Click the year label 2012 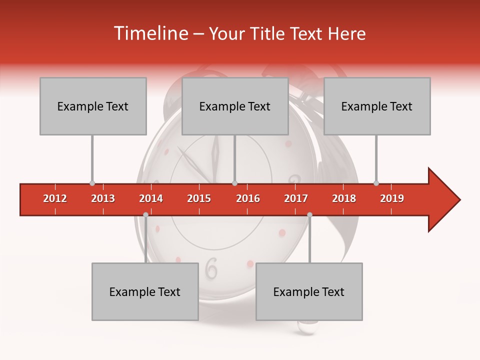coord(55,198)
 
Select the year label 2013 coord(103,198)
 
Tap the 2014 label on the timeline coord(151,198)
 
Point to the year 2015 coord(199,198)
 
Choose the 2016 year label coord(248,198)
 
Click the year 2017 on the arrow coord(296,198)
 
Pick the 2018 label coord(344,198)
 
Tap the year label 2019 coord(392,198)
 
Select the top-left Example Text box coord(93,106)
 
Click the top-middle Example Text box coord(235,106)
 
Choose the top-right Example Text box coord(377,106)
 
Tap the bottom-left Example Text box coord(145,291)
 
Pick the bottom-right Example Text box coord(309,291)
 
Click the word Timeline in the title coord(150,33)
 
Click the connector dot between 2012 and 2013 coord(92,183)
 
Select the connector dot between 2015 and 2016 coord(234,183)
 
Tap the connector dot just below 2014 coord(145,214)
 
